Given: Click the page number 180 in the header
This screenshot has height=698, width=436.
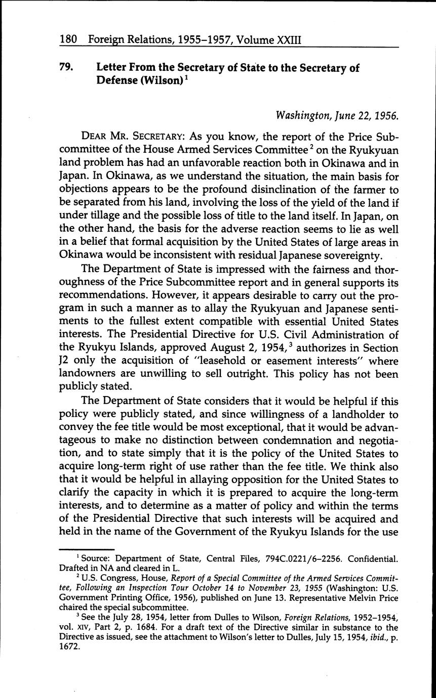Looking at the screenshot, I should pos(68,39).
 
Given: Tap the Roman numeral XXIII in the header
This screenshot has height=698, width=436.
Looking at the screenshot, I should pos(287,39).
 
